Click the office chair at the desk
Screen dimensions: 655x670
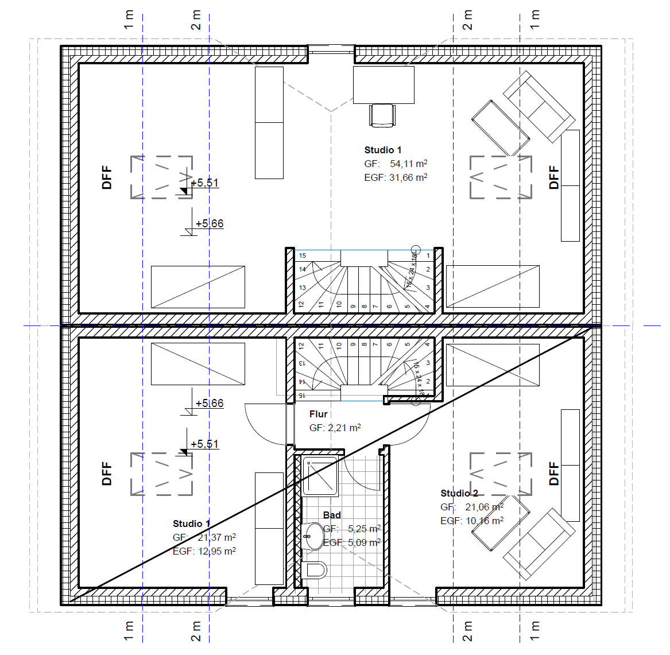pyautogui.click(x=382, y=115)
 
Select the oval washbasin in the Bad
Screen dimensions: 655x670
pyautogui.click(x=313, y=536)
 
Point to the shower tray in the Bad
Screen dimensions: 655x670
pyautogui.click(x=320, y=477)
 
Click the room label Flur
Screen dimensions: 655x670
pyautogui.click(x=318, y=414)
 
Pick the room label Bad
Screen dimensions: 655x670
pyautogui.click(x=332, y=515)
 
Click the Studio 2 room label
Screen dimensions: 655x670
pyautogui.click(x=459, y=493)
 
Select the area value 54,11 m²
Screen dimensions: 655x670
pyautogui.click(x=408, y=164)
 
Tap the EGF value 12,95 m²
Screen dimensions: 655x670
pyautogui.click(x=216, y=551)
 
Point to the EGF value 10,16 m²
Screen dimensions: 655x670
pyautogui.click(x=485, y=521)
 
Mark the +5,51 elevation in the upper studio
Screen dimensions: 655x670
pyautogui.click(x=204, y=183)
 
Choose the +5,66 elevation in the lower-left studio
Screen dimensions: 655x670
pyautogui.click(x=209, y=403)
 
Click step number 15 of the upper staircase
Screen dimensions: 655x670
pyautogui.click(x=303, y=255)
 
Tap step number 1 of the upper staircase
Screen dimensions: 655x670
pyautogui.click(x=428, y=255)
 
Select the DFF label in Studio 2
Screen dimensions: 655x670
pyautogui.click(x=553, y=474)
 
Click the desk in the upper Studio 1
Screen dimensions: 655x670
pyautogui.click(x=384, y=84)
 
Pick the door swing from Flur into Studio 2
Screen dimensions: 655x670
pyautogui.click(x=412, y=428)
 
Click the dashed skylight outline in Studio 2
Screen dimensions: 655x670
pyautogui.click(x=501, y=474)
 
